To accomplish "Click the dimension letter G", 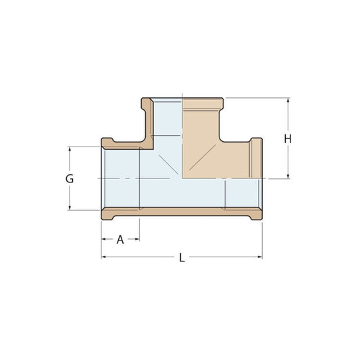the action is click(x=70, y=178).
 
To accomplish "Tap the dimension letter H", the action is click(x=288, y=139).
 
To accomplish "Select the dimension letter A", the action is click(x=120, y=240).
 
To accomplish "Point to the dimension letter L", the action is click(x=182, y=257).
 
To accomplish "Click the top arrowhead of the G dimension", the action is click(x=70, y=149).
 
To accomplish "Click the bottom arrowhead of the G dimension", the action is click(x=70, y=207).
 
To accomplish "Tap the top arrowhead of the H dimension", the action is click(x=288, y=101).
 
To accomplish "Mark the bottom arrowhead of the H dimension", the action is click(x=288, y=176).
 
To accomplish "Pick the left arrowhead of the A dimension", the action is click(x=104, y=239).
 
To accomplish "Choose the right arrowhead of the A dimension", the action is click(x=137, y=239).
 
